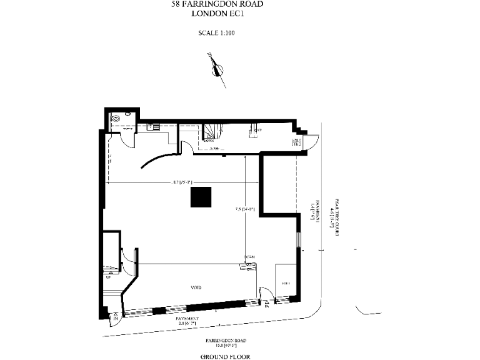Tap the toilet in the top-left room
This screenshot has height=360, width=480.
pyautogui.click(x=116, y=118)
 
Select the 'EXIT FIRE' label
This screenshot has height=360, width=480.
pyautogui.click(x=296, y=142)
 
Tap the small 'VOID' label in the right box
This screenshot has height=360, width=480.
pyautogui.click(x=286, y=284)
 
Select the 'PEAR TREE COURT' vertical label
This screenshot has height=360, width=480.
pyautogui.click(x=336, y=216)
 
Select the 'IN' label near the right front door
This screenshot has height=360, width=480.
pyautogui.click(x=266, y=306)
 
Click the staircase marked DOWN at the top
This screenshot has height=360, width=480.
pyautogui.click(x=212, y=134)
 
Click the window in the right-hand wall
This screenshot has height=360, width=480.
pyautogui.click(x=299, y=241)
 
